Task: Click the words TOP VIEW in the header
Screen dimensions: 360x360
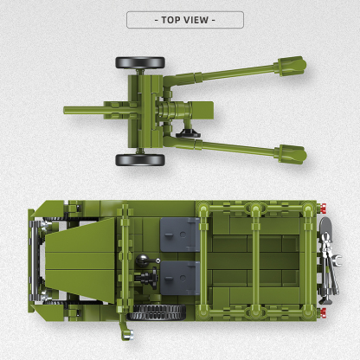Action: [x=184, y=19]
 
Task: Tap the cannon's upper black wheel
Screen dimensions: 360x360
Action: [x=140, y=63]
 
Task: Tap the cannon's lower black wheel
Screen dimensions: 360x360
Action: [x=139, y=159]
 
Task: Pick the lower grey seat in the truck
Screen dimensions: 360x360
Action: [x=180, y=279]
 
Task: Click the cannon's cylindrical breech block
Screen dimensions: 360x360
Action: [x=180, y=112]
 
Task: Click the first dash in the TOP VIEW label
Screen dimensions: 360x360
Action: [x=154, y=19]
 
